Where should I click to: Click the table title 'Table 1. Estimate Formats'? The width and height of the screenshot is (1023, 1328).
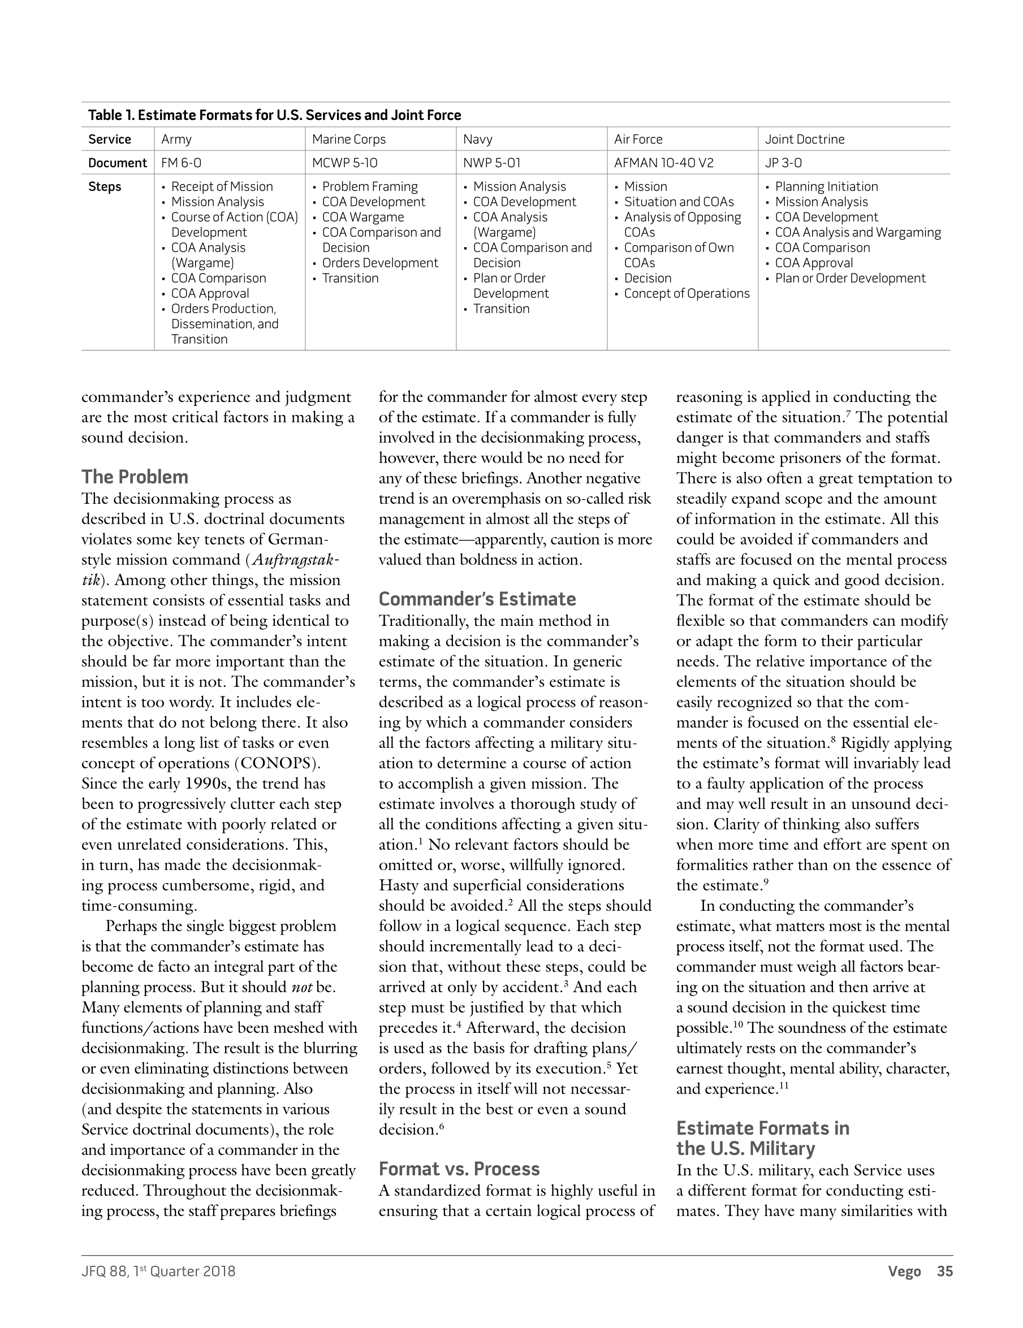pyautogui.click(x=274, y=115)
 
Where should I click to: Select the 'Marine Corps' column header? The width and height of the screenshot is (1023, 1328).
pyautogui.click(x=348, y=139)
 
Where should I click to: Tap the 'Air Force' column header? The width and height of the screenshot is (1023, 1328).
pyautogui.click(x=638, y=139)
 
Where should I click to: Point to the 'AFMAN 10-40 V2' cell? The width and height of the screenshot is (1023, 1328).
pyautogui.click(x=663, y=163)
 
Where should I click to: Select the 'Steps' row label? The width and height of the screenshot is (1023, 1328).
pyautogui.click(x=105, y=187)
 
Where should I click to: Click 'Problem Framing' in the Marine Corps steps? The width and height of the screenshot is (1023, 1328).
pyautogui.click(x=370, y=187)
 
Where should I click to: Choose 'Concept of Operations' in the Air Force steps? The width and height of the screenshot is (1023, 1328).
pyautogui.click(x=687, y=293)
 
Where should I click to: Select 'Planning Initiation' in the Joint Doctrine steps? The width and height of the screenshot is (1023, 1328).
pyautogui.click(x=826, y=187)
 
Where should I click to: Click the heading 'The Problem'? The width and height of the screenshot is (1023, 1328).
pyautogui.click(x=135, y=477)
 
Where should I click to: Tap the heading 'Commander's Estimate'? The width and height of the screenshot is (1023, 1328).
pyautogui.click(x=477, y=599)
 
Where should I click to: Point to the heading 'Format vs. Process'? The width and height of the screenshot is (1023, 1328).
pyautogui.click(x=459, y=1169)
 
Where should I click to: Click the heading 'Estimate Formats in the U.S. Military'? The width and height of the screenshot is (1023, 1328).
pyautogui.click(x=763, y=1138)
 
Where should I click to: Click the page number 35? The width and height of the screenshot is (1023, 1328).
pyautogui.click(x=944, y=1271)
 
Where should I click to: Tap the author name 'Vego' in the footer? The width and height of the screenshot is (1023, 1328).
pyautogui.click(x=904, y=1271)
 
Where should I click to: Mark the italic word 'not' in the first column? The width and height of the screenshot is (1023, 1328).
pyautogui.click(x=301, y=987)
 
